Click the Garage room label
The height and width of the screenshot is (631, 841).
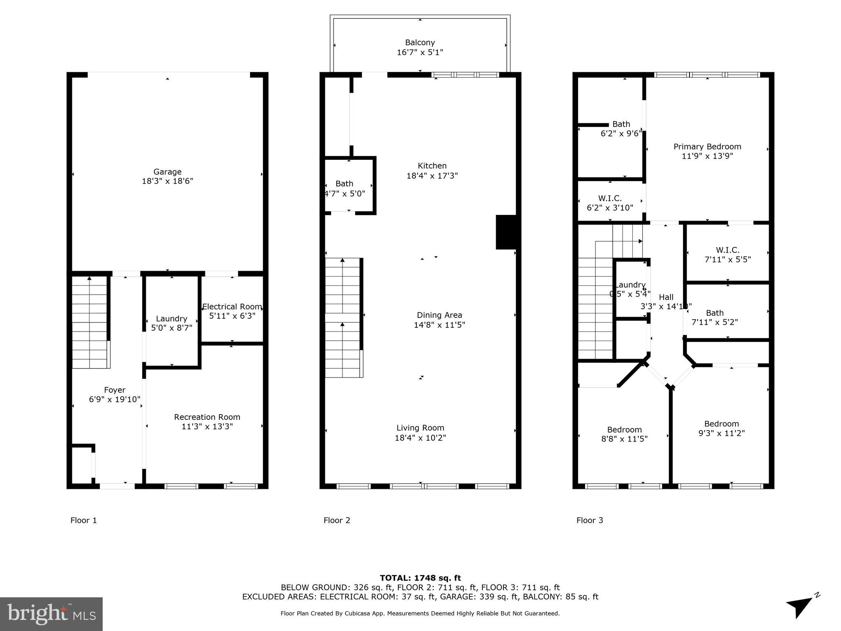[168, 172]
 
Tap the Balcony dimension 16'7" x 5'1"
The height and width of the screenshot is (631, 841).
[420, 53]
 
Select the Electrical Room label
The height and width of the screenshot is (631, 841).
[232, 306]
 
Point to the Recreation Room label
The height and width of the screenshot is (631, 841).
[207, 417]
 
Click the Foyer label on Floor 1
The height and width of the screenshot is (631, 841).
[115, 390]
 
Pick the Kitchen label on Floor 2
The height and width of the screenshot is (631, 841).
[432, 166]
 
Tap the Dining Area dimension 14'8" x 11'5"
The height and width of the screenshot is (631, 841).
[439, 325]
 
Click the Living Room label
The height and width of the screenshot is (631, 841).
[420, 428]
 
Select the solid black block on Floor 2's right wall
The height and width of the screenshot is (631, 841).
[506, 232]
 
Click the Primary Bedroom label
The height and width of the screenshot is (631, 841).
[707, 147]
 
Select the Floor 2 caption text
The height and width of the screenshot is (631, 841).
[337, 520]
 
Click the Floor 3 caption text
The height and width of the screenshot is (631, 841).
[590, 520]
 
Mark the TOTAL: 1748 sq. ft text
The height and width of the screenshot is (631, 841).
[420, 578]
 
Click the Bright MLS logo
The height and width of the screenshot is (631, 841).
[51, 614]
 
